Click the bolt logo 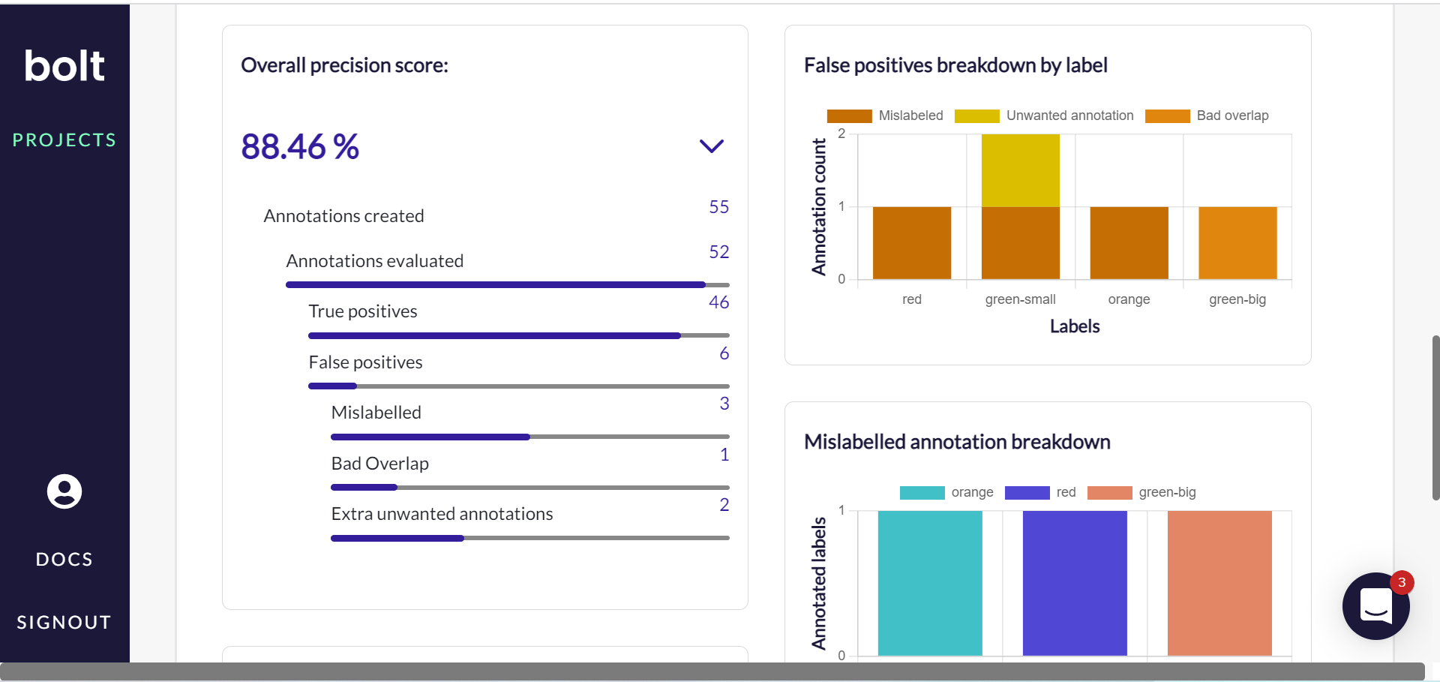point(64,66)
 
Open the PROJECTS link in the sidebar point(64,140)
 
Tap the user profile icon point(64,491)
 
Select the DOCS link point(64,559)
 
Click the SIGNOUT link point(64,622)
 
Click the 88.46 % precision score point(300,146)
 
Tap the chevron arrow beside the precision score point(711,146)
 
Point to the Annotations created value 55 point(718,207)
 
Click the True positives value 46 point(718,302)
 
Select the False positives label point(365,362)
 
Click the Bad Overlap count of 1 point(724,455)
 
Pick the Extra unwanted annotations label point(442,514)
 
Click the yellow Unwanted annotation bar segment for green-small point(1020,170)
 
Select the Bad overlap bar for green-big point(1237,242)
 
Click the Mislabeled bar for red point(911,242)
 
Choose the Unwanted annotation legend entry point(1044,116)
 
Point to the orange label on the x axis point(1129,299)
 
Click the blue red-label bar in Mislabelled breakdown point(1074,583)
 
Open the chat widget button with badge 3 point(1375,605)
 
